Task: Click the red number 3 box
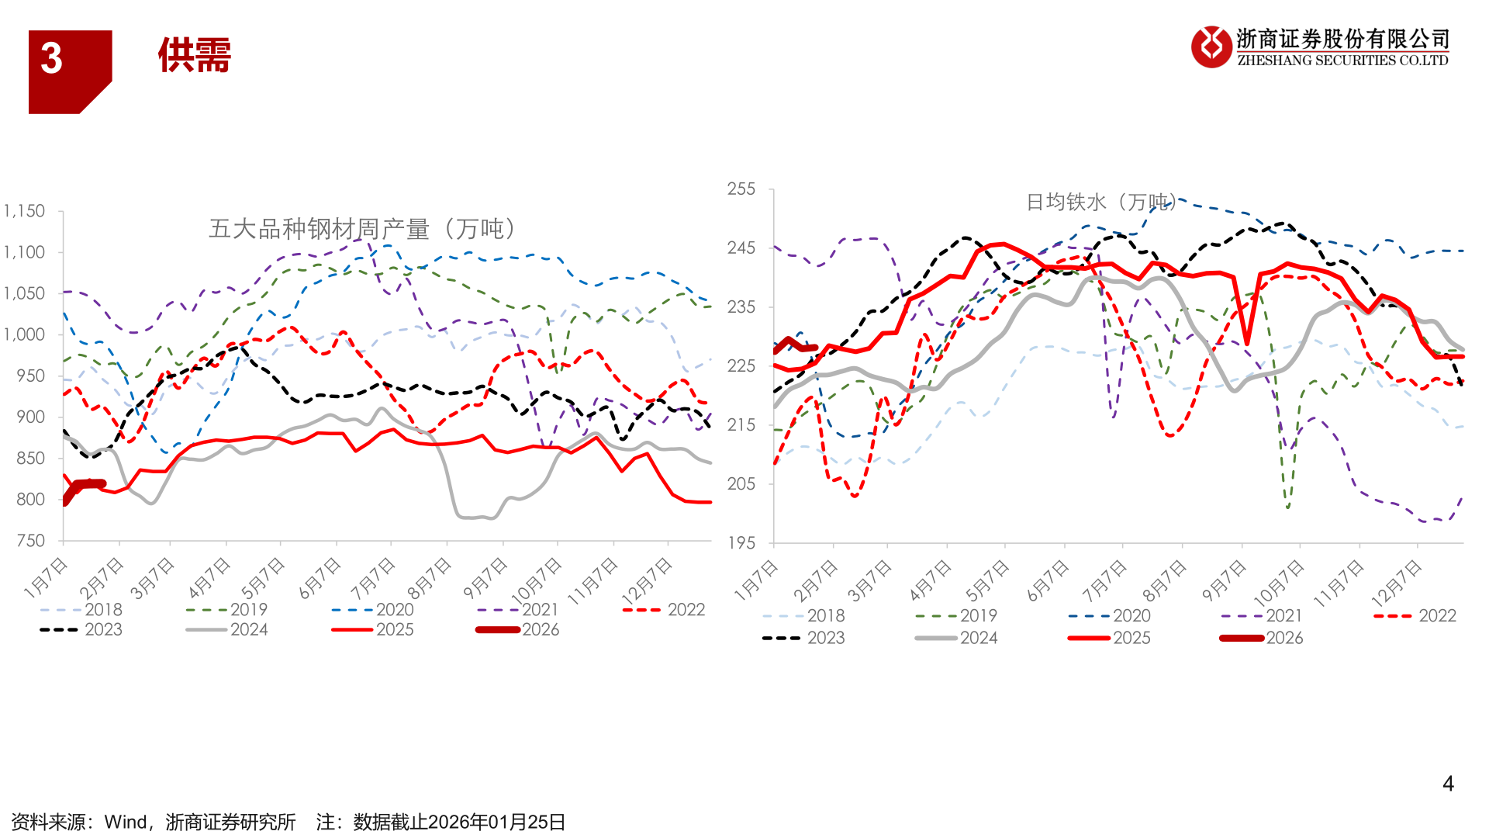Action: pyautogui.click(x=69, y=71)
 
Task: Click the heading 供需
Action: pyautogui.click(x=195, y=56)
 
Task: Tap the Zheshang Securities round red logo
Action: pyautogui.click(x=1211, y=47)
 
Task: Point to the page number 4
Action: pyautogui.click(x=1447, y=784)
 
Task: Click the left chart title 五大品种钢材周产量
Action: pyautogui.click(x=362, y=229)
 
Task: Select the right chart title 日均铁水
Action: pyautogui.click(x=1100, y=202)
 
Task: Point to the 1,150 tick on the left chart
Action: pyautogui.click(x=24, y=211)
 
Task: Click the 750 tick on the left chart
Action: pyautogui.click(x=30, y=540)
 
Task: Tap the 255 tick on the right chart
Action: pyautogui.click(x=741, y=189)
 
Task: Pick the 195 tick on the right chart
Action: pyautogui.click(x=741, y=542)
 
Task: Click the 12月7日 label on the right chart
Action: pyautogui.click(x=1397, y=583)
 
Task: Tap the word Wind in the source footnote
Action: pyautogui.click(x=126, y=822)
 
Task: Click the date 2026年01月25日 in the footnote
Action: pyautogui.click(x=496, y=822)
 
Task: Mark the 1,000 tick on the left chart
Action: pyautogui.click(x=24, y=334)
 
